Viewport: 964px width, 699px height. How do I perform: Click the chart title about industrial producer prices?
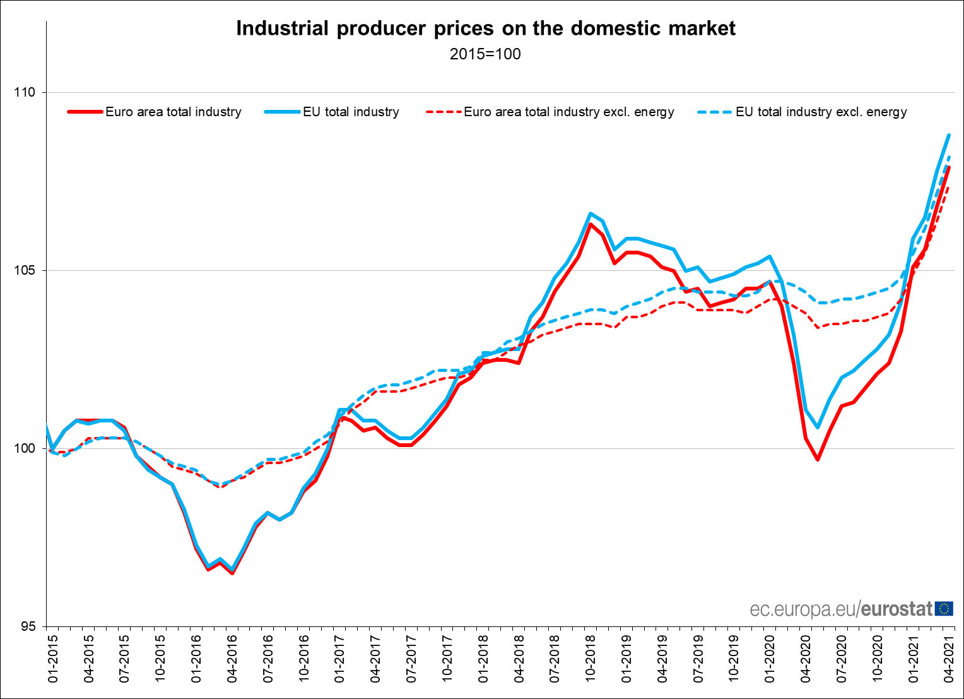(485, 28)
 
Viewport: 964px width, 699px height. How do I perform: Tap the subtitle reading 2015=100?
(485, 54)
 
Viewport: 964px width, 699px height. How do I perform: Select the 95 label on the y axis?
(27, 627)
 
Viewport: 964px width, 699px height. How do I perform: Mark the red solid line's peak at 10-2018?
(591, 224)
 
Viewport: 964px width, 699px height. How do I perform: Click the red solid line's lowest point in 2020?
(818, 460)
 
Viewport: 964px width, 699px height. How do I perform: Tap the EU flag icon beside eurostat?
(944, 609)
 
